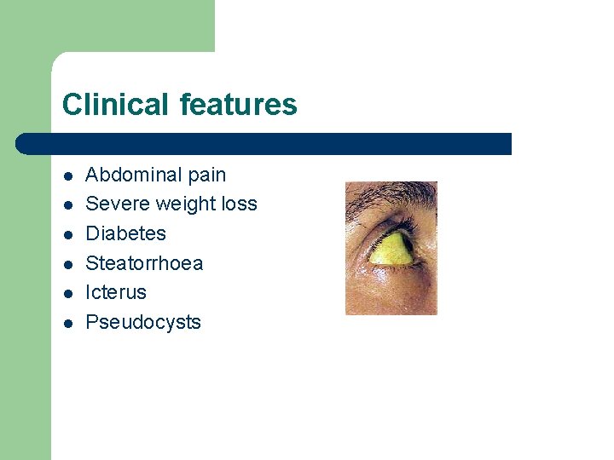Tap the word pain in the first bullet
coord(206,175)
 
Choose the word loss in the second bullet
coord(238,204)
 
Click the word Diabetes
coord(126,233)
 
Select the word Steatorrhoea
coord(145,263)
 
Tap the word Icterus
coord(116,292)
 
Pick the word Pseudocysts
coord(143,322)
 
